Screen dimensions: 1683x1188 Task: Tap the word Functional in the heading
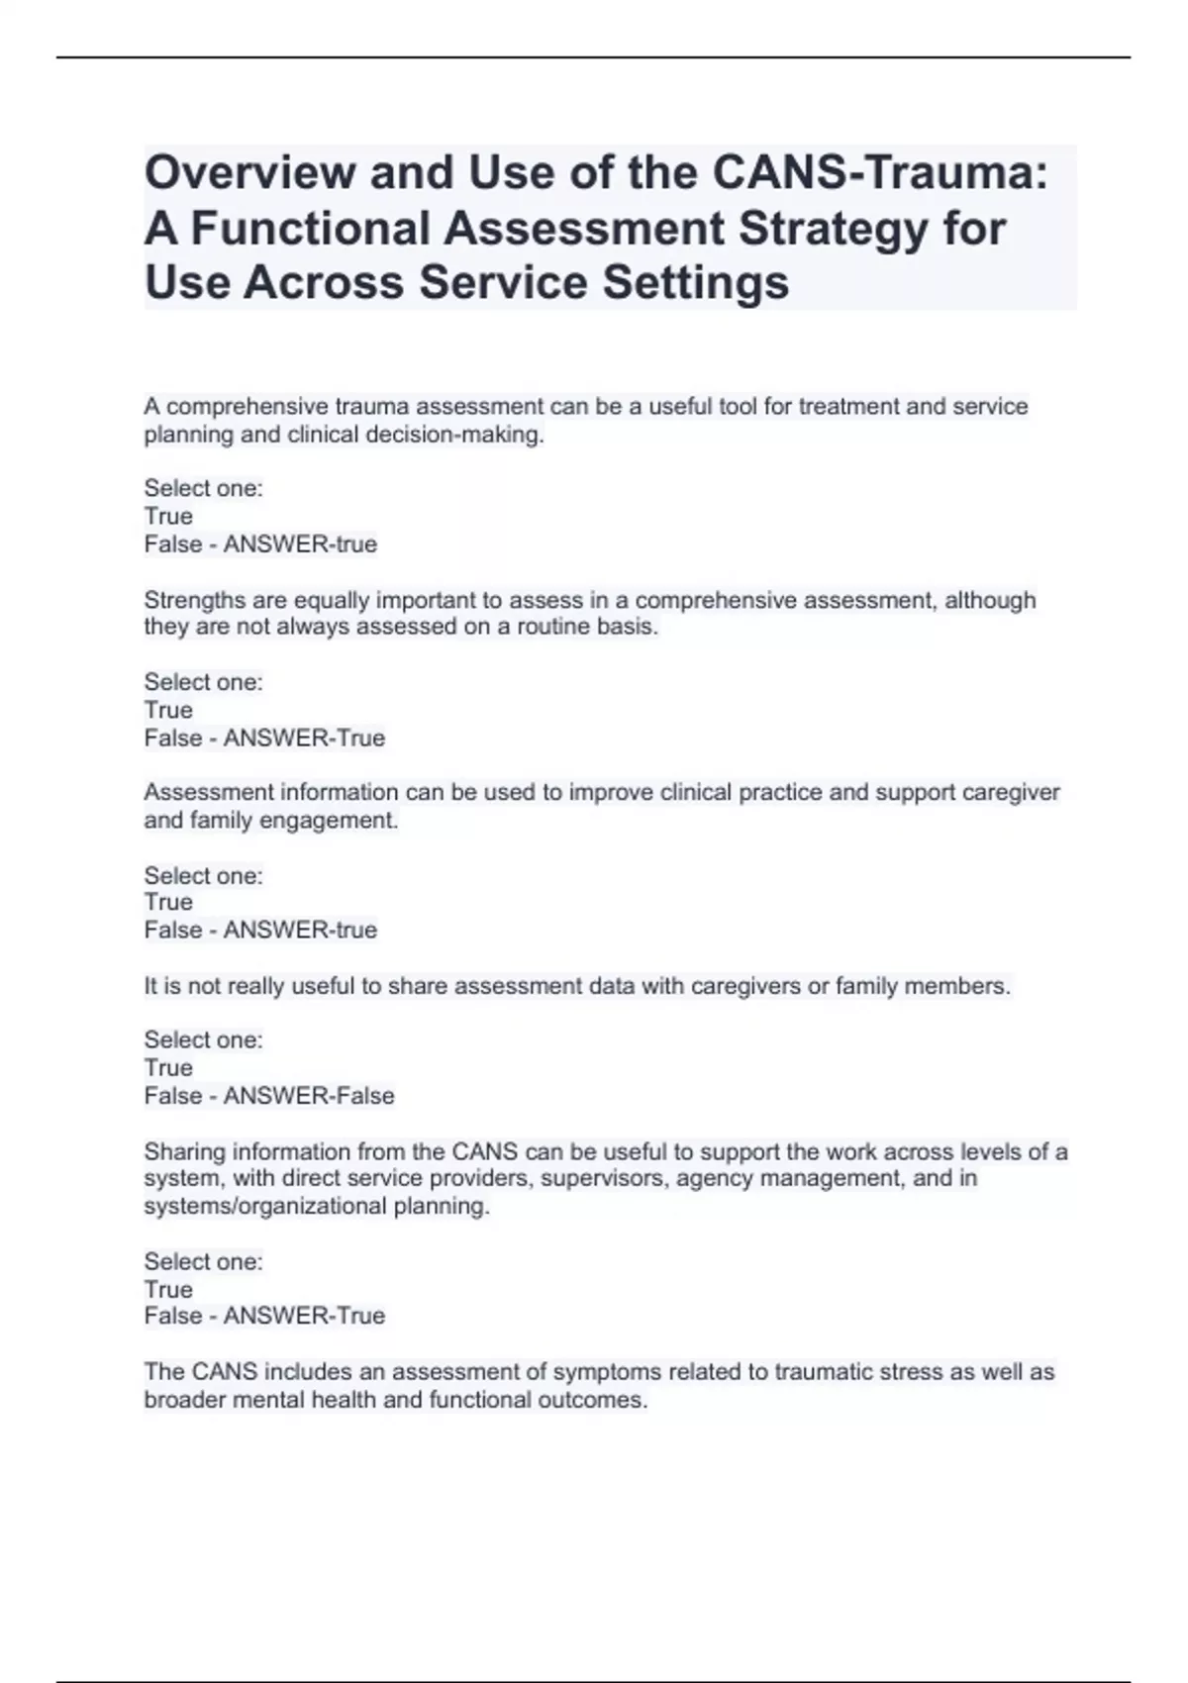pos(308,228)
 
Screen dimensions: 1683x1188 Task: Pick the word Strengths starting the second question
pos(192,600)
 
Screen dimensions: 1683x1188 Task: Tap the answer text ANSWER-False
pos(309,1096)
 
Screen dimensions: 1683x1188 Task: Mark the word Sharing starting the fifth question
pos(184,1151)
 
